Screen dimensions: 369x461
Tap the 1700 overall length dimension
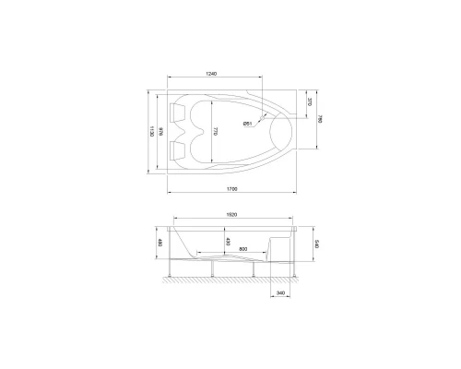231,189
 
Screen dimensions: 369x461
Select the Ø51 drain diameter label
249,124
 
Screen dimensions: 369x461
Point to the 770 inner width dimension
216,133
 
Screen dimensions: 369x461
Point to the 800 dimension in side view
242,249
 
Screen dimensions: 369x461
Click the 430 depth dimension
227,242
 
